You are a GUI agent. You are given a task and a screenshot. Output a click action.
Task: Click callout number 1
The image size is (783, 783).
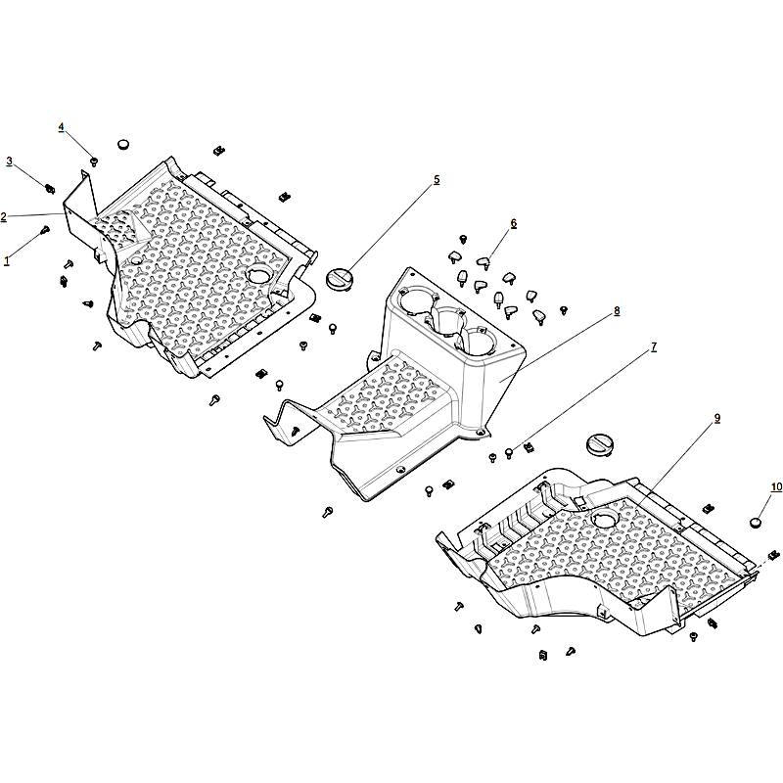click(7, 260)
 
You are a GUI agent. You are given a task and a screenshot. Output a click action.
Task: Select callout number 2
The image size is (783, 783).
click(4, 216)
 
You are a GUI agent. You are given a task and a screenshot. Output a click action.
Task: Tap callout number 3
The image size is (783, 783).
click(10, 161)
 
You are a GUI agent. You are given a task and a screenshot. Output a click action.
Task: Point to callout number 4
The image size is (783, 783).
click(61, 127)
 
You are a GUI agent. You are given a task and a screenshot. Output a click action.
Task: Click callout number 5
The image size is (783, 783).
click(437, 180)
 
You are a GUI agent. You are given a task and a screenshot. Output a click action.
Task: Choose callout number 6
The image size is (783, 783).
click(513, 223)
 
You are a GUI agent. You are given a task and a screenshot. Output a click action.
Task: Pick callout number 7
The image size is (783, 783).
click(654, 347)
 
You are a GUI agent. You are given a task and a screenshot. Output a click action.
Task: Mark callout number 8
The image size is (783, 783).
click(617, 310)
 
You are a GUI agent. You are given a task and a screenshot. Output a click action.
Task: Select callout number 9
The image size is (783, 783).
click(717, 419)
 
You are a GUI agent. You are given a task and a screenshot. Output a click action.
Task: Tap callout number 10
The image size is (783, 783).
click(776, 486)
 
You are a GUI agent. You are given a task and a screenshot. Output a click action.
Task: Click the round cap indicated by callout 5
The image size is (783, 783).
click(339, 278)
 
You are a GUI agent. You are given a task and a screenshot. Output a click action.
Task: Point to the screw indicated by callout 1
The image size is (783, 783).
click(45, 230)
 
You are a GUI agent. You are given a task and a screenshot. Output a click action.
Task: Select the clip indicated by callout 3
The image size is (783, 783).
click(50, 188)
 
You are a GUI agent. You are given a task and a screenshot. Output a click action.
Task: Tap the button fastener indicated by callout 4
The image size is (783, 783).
click(93, 161)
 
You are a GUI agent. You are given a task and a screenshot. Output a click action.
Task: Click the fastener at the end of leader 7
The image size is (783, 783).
click(509, 453)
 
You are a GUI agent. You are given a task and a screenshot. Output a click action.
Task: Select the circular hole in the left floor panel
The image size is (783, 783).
click(260, 274)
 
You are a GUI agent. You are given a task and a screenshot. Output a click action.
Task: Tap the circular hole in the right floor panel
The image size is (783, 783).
click(605, 520)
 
